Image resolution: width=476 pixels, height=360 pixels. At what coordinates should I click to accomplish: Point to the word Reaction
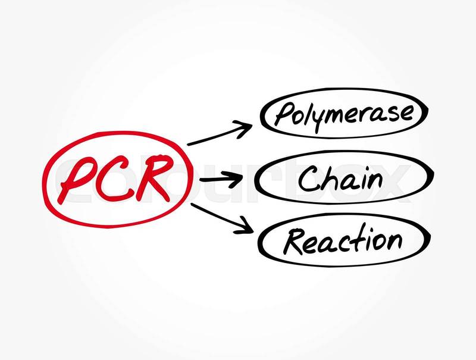point(343,241)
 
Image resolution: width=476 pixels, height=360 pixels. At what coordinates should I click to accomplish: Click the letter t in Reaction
point(358,239)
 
